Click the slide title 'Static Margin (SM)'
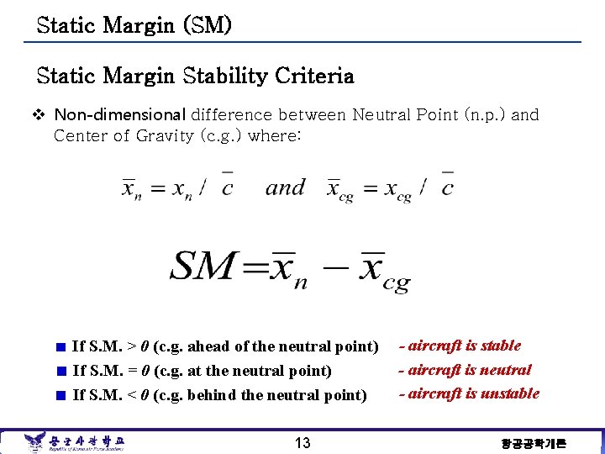click(134, 25)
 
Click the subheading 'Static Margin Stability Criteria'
click(195, 77)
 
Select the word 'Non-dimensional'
click(120, 114)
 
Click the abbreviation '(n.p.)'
click(485, 114)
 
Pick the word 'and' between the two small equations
click(285, 187)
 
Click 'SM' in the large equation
click(203, 267)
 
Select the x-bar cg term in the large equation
click(382, 271)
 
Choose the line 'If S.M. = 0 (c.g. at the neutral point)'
click(203, 371)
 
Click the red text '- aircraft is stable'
click(460, 346)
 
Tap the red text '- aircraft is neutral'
click(465, 370)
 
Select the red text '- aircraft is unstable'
click(469, 393)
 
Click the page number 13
click(302, 443)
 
